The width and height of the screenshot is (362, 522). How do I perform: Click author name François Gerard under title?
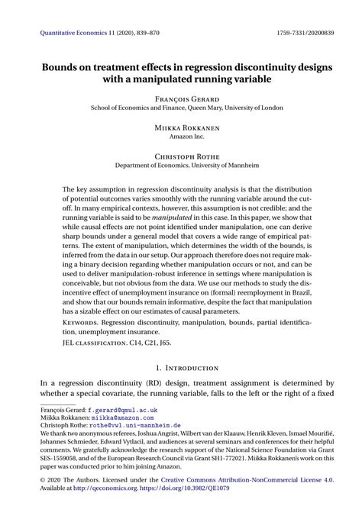click(x=181, y=98)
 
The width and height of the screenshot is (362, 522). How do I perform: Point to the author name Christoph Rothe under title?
click(x=181, y=156)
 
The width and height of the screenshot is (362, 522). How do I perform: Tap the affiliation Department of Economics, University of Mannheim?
click(x=181, y=166)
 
